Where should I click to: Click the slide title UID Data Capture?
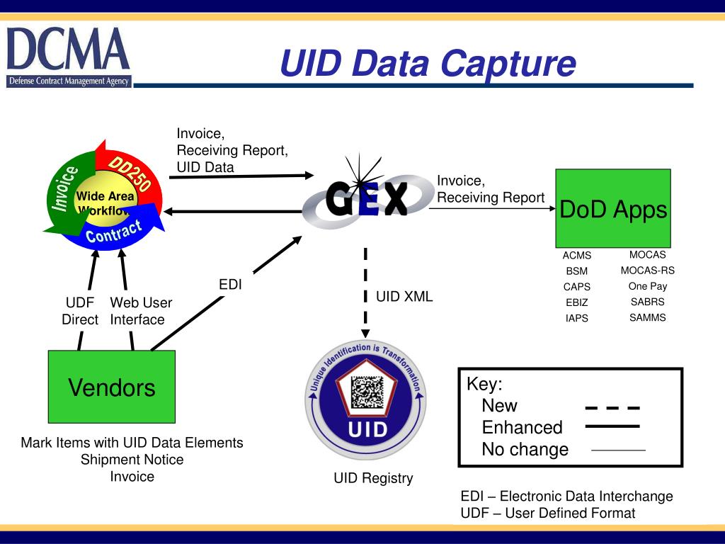tap(428, 63)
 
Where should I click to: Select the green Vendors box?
tap(111, 387)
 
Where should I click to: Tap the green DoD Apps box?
tap(613, 210)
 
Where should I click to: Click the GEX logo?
tap(366, 198)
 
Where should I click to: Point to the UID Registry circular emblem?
tap(366, 399)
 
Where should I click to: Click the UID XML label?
tap(404, 297)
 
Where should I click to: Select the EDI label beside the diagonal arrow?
tap(230, 285)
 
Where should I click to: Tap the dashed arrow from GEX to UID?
tap(366, 290)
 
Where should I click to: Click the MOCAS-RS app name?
tap(647, 271)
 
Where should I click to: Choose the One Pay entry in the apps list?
tap(647, 286)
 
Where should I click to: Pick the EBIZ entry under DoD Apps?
tap(576, 302)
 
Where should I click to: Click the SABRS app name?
tap(647, 302)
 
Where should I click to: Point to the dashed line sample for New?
tap(612, 408)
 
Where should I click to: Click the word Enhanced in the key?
tap(522, 428)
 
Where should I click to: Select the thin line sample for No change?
tap(618, 450)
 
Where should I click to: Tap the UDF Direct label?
tap(80, 311)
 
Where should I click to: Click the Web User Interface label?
tap(141, 311)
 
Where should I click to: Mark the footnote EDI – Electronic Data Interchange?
tap(566, 496)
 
